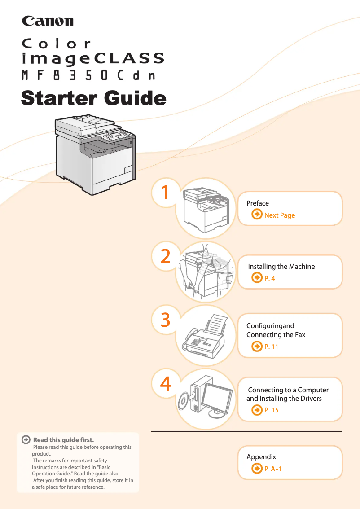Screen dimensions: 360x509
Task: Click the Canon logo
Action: [48, 21]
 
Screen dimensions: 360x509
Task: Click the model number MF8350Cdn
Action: [88, 75]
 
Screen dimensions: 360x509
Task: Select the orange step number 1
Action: [165, 192]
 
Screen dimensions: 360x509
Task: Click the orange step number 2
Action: [166, 256]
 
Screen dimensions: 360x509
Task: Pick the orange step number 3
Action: [166, 320]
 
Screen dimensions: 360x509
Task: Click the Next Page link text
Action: [280, 215]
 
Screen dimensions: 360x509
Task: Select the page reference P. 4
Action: [269, 279]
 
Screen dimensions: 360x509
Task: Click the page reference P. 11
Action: [271, 347]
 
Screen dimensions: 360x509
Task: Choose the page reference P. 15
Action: [272, 410]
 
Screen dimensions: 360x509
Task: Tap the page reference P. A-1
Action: [273, 469]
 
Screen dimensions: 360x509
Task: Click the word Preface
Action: [257, 203]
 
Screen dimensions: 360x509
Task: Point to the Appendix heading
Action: [261, 457]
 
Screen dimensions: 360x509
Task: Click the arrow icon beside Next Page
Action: [257, 214]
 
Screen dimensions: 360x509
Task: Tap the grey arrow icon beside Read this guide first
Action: [26, 439]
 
